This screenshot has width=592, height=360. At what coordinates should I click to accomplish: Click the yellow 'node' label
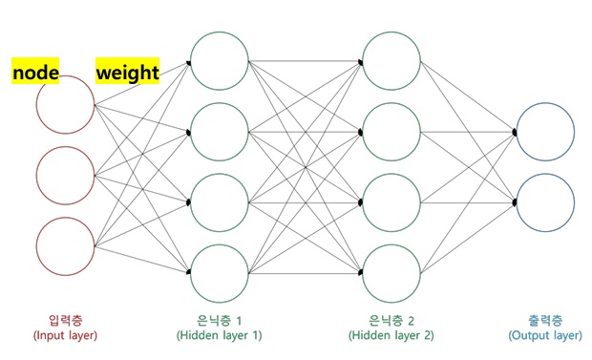[35, 72]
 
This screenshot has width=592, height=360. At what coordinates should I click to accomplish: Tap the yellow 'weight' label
[127, 72]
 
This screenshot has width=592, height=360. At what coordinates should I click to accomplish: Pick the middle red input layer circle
[66, 176]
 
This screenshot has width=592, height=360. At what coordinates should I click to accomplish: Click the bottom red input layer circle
[66, 245]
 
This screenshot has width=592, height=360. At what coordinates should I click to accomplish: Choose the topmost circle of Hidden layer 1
[220, 62]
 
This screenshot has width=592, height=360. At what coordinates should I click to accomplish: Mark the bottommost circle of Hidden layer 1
[220, 273]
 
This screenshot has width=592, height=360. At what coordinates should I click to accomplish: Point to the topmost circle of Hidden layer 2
[392, 62]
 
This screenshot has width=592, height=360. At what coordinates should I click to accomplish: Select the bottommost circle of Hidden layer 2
[392, 273]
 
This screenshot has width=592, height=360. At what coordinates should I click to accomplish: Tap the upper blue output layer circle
[545, 133]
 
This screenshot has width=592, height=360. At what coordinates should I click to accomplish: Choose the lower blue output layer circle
[545, 202]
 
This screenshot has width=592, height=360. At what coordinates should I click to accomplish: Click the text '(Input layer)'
[65, 336]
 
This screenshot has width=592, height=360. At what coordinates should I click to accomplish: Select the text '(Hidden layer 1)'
[219, 336]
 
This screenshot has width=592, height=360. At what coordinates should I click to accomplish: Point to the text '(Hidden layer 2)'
[391, 336]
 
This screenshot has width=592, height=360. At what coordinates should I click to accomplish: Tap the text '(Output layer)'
[544, 336]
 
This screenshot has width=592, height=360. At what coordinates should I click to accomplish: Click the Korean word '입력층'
[65, 320]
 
